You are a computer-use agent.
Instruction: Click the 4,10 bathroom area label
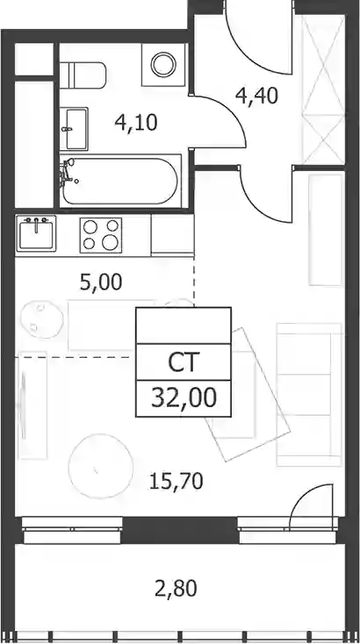136,122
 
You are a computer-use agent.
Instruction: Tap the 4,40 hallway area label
257,96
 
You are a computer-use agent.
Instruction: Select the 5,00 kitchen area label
101,283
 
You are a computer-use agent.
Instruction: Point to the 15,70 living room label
176,481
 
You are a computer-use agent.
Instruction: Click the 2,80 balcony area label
176,589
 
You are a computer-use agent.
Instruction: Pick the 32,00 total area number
184,398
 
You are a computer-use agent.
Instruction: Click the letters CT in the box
184,362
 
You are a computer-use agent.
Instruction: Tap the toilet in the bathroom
83,75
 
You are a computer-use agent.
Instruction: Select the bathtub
119,181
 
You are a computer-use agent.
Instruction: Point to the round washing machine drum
163,64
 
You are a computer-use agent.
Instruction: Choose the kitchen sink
36,233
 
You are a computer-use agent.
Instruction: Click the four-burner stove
101,235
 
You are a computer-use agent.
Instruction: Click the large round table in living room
101,466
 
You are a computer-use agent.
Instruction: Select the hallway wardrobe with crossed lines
323,89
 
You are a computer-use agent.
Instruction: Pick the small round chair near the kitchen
41,319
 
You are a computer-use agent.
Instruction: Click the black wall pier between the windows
180,530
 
